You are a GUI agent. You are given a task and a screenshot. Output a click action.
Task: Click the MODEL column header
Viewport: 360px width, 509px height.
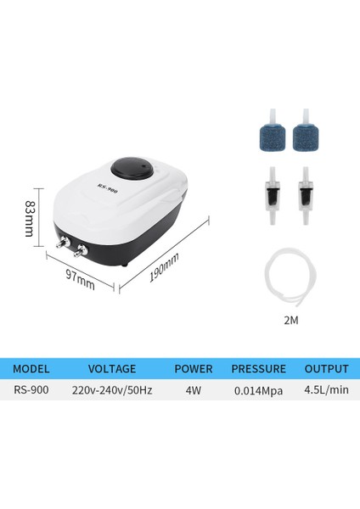click(33, 369)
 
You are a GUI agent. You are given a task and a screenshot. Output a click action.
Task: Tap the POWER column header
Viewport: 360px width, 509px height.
click(193, 369)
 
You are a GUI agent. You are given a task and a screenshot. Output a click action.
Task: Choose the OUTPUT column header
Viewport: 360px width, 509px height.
click(326, 369)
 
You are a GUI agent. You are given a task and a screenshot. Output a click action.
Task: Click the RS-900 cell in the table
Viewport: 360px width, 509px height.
click(33, 392)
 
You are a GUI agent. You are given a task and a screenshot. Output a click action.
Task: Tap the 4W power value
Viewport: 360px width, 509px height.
click(193, 392)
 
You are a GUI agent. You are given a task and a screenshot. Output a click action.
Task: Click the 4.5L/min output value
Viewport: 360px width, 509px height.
click(326, 392)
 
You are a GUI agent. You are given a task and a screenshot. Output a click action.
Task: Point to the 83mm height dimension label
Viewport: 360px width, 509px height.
click(30, 218)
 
